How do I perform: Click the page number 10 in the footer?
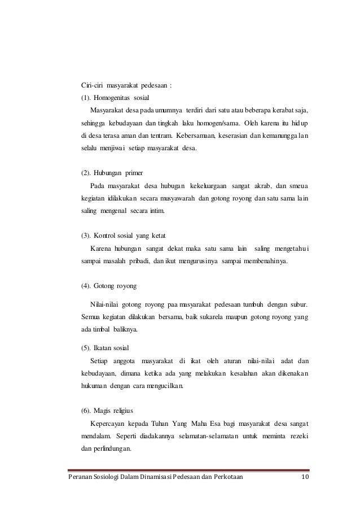[305, 478]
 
